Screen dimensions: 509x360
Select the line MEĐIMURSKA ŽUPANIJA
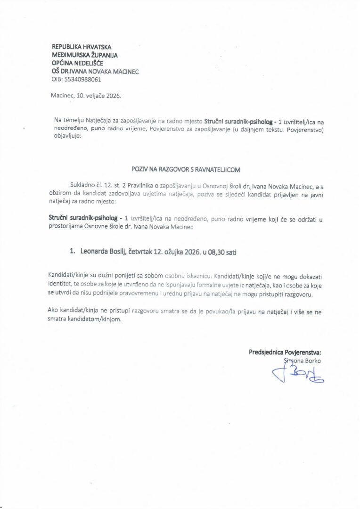point(85,55)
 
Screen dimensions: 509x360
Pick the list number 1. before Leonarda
point(73,252)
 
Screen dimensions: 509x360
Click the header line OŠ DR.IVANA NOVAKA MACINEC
point(95,71)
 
